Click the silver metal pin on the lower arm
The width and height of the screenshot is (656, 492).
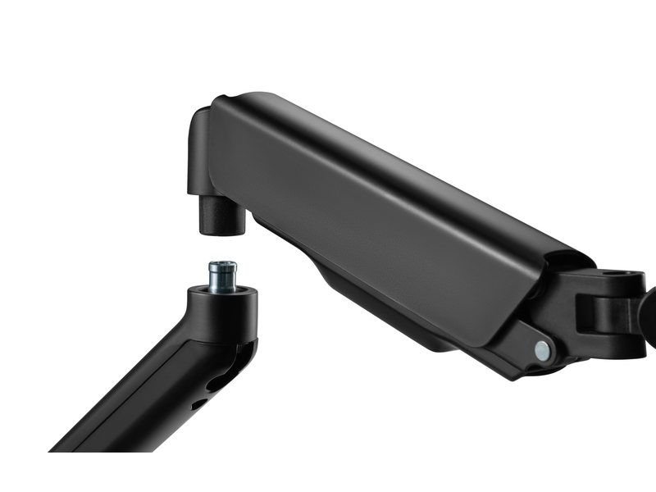(223, 276)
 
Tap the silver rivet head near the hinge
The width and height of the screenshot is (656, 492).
(542, 350)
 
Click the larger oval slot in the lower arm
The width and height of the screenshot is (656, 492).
(223, 381)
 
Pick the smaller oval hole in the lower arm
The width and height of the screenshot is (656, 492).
(199, 403)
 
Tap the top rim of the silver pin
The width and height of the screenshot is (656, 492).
(223, 264)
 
